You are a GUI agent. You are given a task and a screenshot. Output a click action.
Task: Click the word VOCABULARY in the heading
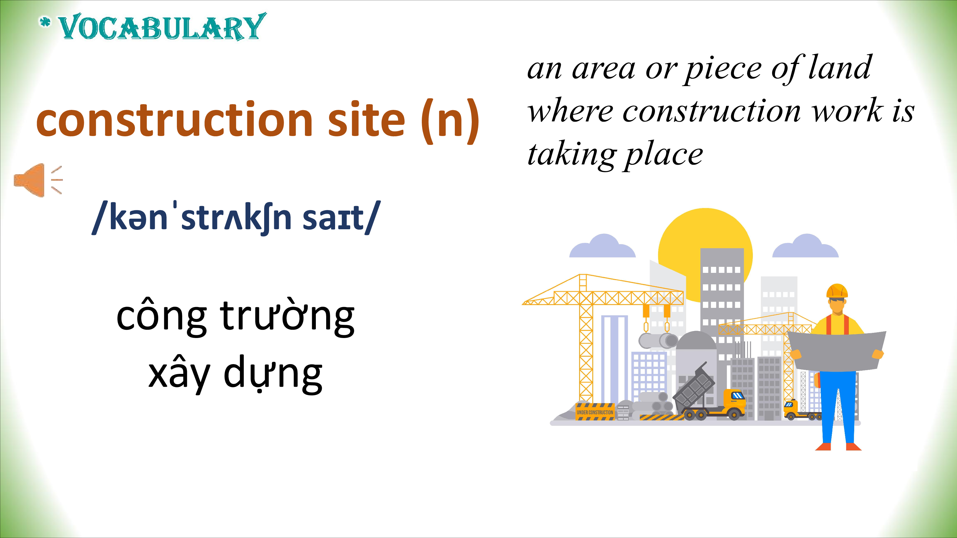[x=162, y=27]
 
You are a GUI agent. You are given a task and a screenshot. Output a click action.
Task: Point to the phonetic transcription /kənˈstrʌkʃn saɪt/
[x=236, y=217]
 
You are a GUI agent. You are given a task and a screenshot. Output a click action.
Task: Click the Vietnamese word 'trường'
[x=287, y=317]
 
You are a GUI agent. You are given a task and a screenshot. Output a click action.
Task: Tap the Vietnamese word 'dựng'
[x=273, y=374]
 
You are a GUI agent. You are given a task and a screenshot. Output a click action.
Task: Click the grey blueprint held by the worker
[x=837, y=351]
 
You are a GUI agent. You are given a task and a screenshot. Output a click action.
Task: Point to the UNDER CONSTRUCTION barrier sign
[x=595, y=412]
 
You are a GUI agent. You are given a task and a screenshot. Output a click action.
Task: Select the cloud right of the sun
[x=805, y=246]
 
